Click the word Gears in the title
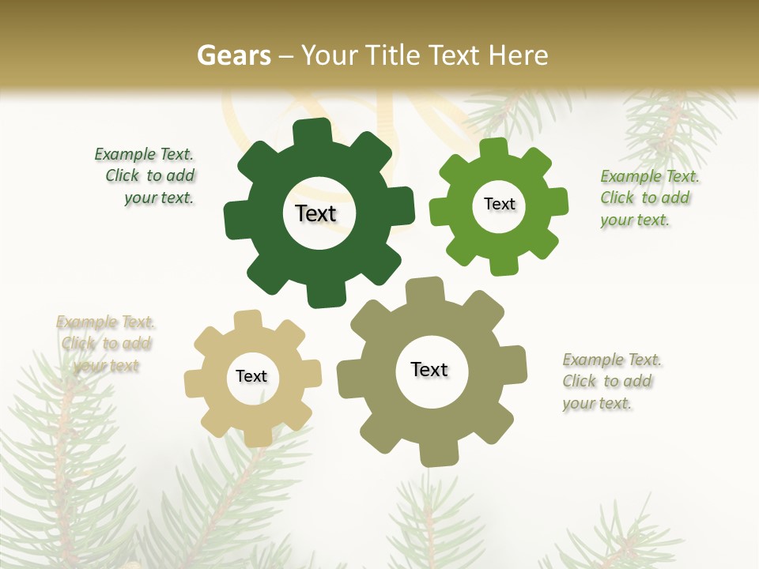click(233, 55)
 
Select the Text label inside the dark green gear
click(315, 213)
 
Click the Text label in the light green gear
click(499, 204)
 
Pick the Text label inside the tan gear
click(251, 376)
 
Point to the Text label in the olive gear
click(429, 369)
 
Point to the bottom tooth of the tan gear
click(255, 435)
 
